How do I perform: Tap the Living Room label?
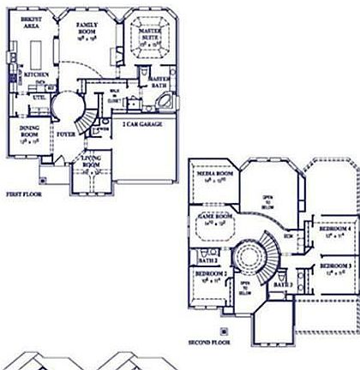pyautogui.click(x=92, y=163)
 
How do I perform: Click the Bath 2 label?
pyautogui.click(x=205, y=258)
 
